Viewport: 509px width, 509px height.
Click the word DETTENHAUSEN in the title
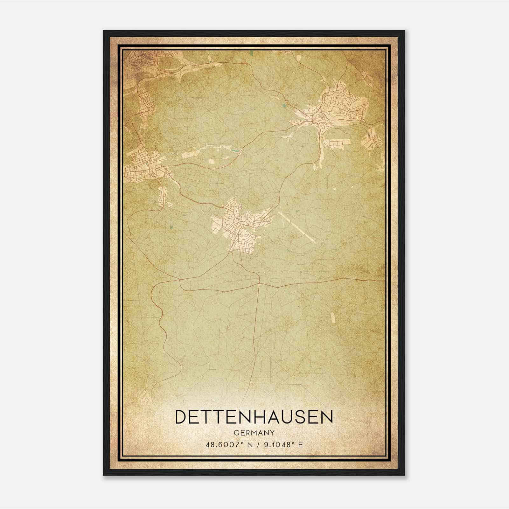[x=254, y=417]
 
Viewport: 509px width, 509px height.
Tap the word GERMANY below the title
[x=254, y=433]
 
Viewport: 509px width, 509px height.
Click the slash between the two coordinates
[x=258, y=444]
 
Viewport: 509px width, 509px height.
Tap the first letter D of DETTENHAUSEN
[x=182, y=417]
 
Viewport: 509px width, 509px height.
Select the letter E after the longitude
[x=300, y=444]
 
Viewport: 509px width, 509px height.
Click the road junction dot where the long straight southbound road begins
[x=259, y=283]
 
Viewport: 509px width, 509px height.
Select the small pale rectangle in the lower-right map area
[x=333, y=318]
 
